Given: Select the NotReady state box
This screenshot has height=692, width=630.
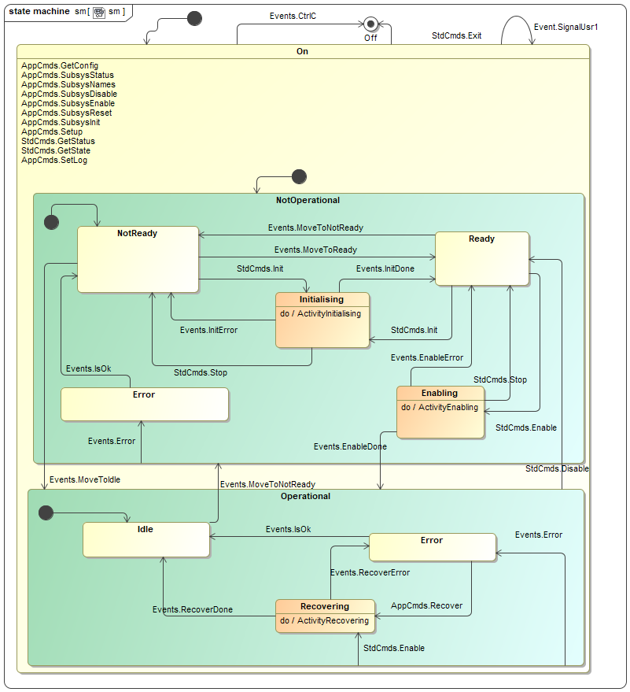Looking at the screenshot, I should [138, 259].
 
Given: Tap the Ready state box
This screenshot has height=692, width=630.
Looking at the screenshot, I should [481, 257].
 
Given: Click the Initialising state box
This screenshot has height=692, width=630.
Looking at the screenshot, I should [322, 320].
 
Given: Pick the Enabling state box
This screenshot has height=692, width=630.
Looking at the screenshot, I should [440, 412].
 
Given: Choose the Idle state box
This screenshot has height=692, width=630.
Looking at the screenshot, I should [146, 539].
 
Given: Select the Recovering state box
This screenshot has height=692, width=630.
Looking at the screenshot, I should [325, 616].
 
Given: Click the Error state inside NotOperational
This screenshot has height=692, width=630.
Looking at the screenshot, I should [145, 404].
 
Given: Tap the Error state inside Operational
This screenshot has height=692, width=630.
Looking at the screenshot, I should [432, 546].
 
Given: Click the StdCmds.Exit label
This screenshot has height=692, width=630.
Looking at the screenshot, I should [456, 35].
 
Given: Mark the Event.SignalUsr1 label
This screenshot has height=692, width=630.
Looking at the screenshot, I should [566, 27].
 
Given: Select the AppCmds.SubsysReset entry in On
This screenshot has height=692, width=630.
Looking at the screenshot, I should [66, 113].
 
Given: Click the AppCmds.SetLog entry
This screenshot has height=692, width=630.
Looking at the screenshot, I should [54, 160].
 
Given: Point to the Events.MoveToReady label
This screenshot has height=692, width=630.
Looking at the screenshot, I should [315, 250].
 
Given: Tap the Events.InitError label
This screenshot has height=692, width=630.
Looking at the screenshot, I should [208, 330].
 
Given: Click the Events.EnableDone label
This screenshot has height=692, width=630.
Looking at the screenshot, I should [350, 446].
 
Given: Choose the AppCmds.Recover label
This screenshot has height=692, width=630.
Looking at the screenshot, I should [426, 605].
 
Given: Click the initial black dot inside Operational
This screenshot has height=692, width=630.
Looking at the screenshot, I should [46, 513].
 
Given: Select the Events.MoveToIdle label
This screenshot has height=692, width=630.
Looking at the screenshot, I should [84, 479].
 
